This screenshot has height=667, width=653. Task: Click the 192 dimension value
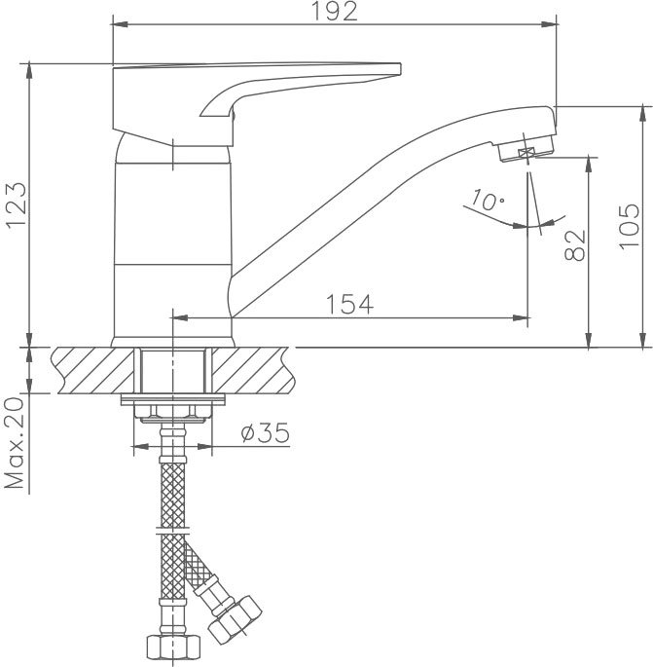pyautogui.click(x=335, y=12)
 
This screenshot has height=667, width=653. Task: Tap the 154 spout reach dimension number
pyautogui.click(x=349, y=304)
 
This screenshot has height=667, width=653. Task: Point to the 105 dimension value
pyautogui.click(x=630, y=226)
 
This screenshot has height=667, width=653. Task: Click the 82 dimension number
pyautogui.click(x=575, y=245)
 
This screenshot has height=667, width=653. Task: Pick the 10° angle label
pyautogui.click(x=488, y=200)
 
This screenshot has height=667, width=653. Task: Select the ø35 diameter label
pyautogui.click(x=265, y=433)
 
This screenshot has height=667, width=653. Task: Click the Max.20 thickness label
pyautogui.click(x=15, y=444)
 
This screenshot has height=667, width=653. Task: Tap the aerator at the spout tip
pyautogui.click(x=526, y=150)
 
